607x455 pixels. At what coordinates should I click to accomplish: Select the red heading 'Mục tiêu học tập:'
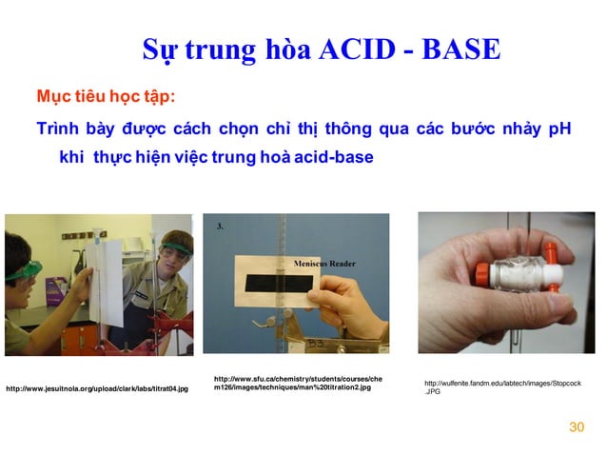tap(105, 98)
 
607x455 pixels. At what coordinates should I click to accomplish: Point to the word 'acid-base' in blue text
tap(333, 156)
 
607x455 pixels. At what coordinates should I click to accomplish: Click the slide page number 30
tap(576, 426)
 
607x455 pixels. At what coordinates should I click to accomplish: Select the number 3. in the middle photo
tap(221, 227)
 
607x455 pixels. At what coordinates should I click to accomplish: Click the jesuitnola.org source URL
tap(97, 388)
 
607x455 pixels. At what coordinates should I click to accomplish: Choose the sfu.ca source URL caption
tap(298, 383)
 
